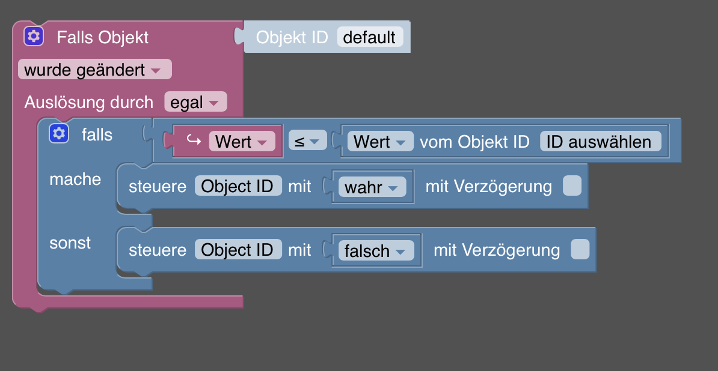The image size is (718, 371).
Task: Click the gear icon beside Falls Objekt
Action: tap(34, 37)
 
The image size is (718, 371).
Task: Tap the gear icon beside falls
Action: tap(59, 134)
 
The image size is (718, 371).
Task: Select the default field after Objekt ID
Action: tap(370, 37)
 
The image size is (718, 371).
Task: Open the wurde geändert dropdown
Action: tap(95, 70)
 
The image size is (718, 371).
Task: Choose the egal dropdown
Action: tap(195, 103)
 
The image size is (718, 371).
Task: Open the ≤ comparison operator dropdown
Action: tap(307, 142)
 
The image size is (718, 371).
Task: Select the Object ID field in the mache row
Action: tap(238, 186)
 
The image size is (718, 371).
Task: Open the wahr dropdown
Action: tap(372, 187)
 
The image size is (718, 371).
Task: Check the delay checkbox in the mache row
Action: tap(572, 186)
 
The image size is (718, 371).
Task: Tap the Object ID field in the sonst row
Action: tap(238, 250)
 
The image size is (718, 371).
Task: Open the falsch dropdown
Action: tap(376, 251)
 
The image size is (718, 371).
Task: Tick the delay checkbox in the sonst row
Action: tap(580, 250)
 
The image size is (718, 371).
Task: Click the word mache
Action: tap(75, 179)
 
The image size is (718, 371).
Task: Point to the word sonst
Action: tap(70, 243)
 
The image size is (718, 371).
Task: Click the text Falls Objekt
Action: tap(102, 37)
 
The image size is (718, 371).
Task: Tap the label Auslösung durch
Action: tap(89, 103)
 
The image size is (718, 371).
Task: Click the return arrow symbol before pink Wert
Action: tap(194, 141)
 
